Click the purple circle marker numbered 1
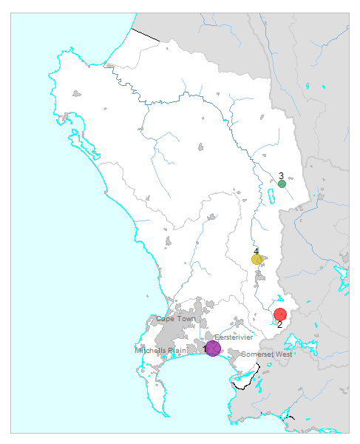point(213,348)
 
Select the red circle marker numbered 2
point(279,314)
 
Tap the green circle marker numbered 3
point(282,184)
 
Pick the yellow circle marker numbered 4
point(257,259)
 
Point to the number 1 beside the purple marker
point(205,349)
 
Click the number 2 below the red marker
point(279,324)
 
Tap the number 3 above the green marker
point(281,176)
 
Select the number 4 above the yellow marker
point(256,252)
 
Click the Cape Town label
point(175,319)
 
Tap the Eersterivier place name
point(234,337)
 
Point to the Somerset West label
point(267,354)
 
